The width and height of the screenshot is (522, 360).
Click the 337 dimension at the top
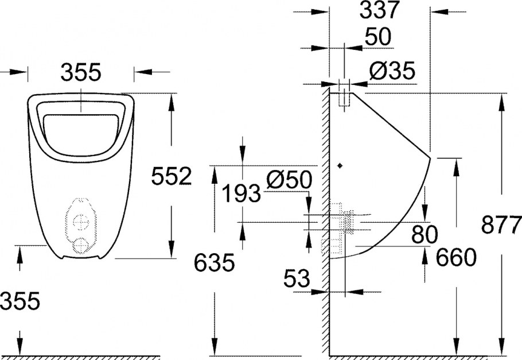(379, 10)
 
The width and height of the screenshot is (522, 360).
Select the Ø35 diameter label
(392, 71)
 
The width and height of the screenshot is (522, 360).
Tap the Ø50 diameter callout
(290, 180)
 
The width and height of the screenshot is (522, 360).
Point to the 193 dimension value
(241, 195)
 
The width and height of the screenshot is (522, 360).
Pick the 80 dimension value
(424, 234)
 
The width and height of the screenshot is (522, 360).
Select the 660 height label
(456, 258)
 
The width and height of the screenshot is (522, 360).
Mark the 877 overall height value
(501, 224)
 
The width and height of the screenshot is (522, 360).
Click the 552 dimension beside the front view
(171, 177)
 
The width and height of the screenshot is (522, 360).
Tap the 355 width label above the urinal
(81, 72)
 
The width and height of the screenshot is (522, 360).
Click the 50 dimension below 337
(377, 37)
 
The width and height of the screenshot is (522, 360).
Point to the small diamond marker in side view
(341, 166)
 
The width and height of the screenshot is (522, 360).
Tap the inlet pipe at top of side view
(344, 94)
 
